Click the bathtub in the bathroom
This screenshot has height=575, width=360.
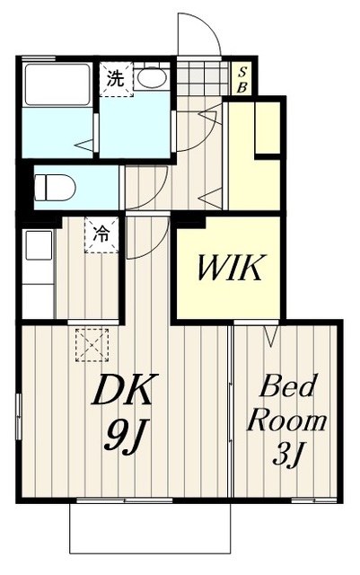coord(57,85)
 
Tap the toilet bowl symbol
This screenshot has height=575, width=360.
coord(55,188)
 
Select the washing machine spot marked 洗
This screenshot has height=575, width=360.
coord(117,80)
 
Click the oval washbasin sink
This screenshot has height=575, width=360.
coord(153,78)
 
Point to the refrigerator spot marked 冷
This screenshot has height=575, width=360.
coord(101,234)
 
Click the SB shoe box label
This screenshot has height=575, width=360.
coord(242,80)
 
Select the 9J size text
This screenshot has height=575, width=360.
coord(123,436)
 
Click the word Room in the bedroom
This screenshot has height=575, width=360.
coord(287,421)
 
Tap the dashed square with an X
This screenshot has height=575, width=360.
coord(92,345)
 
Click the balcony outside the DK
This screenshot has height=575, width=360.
coord(150,528)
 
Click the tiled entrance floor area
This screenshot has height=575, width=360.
coord(204,78)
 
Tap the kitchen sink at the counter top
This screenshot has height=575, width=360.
coord(39,245)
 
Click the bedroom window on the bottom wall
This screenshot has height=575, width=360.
coord(314,500)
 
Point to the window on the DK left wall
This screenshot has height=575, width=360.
coord(19,416)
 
